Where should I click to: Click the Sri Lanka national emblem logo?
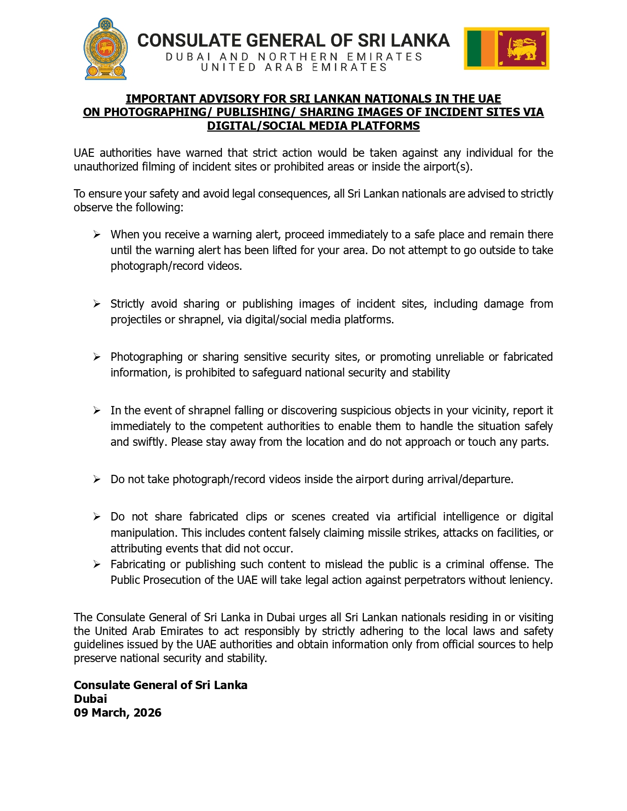pyautogui.click(x=105, y=49)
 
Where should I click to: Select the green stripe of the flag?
pyautogui.click(x=474, y=49)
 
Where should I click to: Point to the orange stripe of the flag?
pyautogui.click(x=488, y=49)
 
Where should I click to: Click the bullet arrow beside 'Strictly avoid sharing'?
pyautogui.click(x=97, y=304)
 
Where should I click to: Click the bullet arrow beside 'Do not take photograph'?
pyautogui.click(x=97, y=479)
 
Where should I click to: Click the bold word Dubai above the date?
pyautogui.click(x=90, y=699)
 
